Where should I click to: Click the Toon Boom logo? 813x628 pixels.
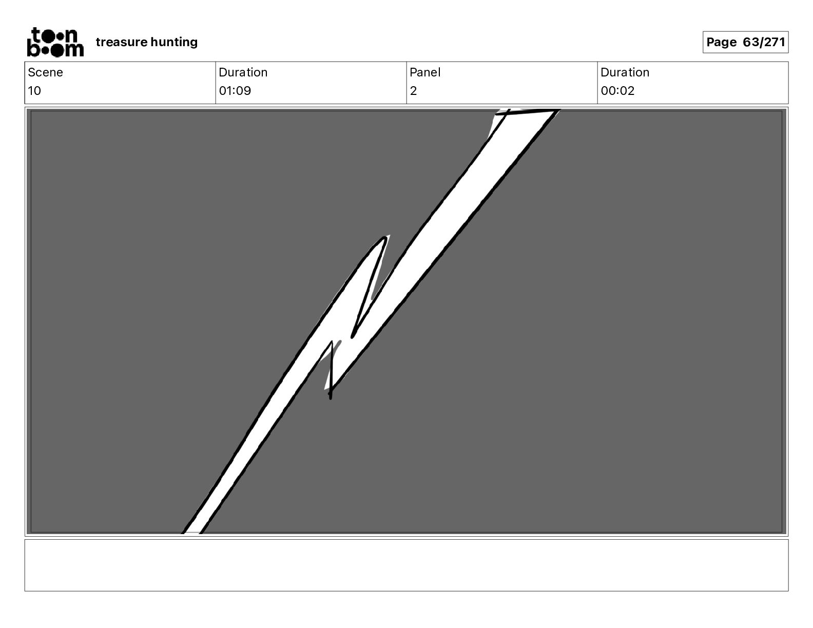(x=55, y=42)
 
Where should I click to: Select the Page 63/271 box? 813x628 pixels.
(x=745, y=42)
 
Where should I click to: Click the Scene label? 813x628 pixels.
(x=45, y=72)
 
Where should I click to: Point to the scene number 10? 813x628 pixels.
(x=34, y=91)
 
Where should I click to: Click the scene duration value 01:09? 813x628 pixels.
(x=235, y=91)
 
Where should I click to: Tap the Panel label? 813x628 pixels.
(x=425, y=72)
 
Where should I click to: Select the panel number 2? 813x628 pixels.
(x=413, y=91)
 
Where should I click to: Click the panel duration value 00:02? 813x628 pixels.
(x=617, y=91)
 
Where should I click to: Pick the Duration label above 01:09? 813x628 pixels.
(x=243, y=72)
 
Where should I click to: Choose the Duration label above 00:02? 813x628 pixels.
(x=625, y=72)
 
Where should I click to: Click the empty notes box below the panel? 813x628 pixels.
(x=406, y=565)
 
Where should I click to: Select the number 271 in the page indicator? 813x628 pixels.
(x=775, y=42)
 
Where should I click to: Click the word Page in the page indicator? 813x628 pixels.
(x=721, y=42)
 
